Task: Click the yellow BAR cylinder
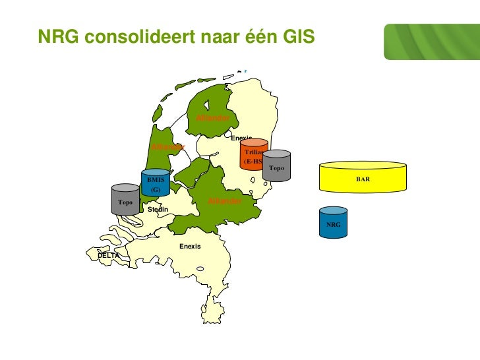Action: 363,179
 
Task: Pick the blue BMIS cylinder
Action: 156,183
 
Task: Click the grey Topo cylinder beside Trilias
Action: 277,166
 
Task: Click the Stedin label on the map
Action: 158,209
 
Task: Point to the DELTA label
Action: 108,255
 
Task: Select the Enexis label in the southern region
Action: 190,246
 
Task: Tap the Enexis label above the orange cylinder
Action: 241,138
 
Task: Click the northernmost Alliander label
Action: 212,117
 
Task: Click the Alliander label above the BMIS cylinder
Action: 168,146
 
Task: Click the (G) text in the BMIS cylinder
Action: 156,189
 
